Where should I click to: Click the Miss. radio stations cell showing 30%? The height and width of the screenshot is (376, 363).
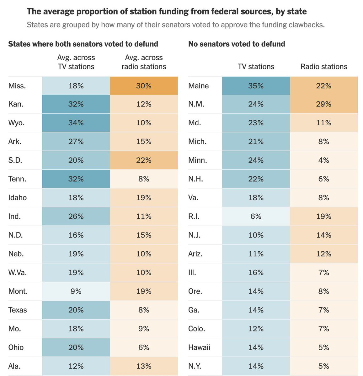(x=144, y=86)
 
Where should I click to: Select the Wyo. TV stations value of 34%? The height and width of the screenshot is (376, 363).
(x=76, y=123)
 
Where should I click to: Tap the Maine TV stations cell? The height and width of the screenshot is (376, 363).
(x=256, y=86)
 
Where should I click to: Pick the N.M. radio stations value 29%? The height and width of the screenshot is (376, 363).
(x=324, y=104)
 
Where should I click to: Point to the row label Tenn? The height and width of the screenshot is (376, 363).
(x=17, y=179)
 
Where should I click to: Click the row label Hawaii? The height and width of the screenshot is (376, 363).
(x=199, y=347)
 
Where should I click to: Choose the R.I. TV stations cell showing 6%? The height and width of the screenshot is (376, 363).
(x=256, y=217)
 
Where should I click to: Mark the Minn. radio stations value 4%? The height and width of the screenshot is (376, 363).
(x=324, y=160)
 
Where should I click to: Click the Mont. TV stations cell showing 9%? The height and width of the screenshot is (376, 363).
(x=76, y=291)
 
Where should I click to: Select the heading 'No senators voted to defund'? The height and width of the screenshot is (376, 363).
(x=237, y=44)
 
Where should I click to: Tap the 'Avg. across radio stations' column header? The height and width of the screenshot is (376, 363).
(x=144, y=62)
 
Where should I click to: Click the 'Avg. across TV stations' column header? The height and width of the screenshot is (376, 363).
(x=76, y=62)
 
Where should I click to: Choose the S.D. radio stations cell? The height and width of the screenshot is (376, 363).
(x=144, y=160)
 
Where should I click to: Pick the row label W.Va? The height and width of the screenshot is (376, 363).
(x=18, y=273)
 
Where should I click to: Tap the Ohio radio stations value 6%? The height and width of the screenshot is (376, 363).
(x=144, y=347)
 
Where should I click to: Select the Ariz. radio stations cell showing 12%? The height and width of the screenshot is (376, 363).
(x=324, y=254)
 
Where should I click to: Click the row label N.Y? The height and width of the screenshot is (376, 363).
(x=195, y=366)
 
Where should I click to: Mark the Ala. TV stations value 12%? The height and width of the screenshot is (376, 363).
(x=76, y=366)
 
